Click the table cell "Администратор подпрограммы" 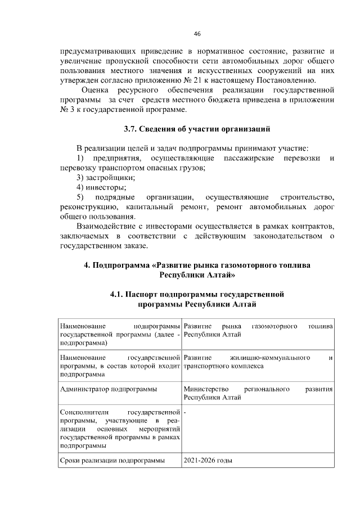108,389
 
